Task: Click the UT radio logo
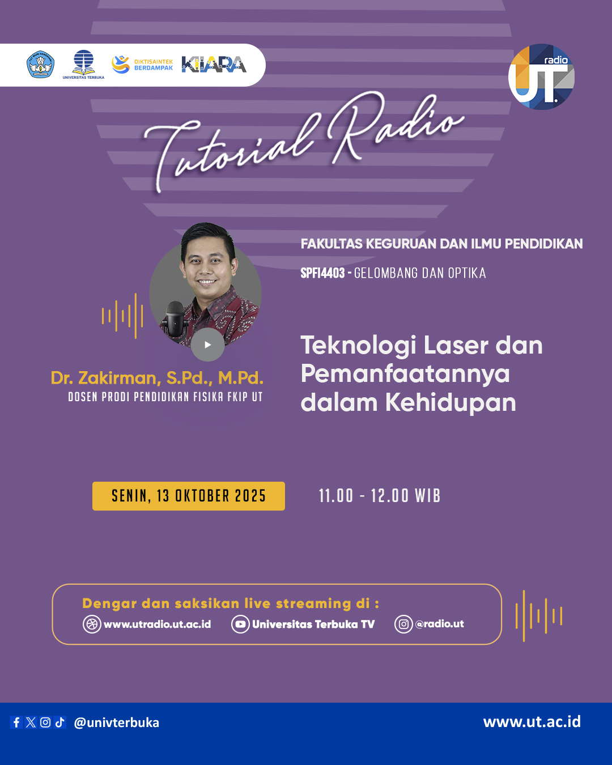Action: [x=541, y=77]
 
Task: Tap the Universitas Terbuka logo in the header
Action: [x=83, y=65]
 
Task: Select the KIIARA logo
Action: [x=214, y=65]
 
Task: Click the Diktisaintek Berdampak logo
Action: [x=142, y=65]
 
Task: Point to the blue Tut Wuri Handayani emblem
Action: [x=41, y=65]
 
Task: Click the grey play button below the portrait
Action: [x=207, y=345]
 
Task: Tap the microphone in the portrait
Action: [x=175, y=319]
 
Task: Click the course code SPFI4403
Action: [x=322, y=273]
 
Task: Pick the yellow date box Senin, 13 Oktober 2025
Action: [x=189, y=496]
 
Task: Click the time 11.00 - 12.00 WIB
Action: [x=380, y=496]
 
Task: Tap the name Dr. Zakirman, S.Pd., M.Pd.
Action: [x=157, y=377]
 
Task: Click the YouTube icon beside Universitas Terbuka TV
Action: [x=240, y=624]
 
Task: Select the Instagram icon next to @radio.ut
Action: [x=403, y=624]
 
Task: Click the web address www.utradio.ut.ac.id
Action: [x=157, y=624]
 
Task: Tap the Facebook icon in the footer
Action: [x=16, y=722]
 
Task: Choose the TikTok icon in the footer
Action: [x=59, y=722]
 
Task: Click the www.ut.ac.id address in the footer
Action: [x=532, y=721]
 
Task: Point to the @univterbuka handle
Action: [x=116, y=722]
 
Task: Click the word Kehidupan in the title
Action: [x=450, y=402]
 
